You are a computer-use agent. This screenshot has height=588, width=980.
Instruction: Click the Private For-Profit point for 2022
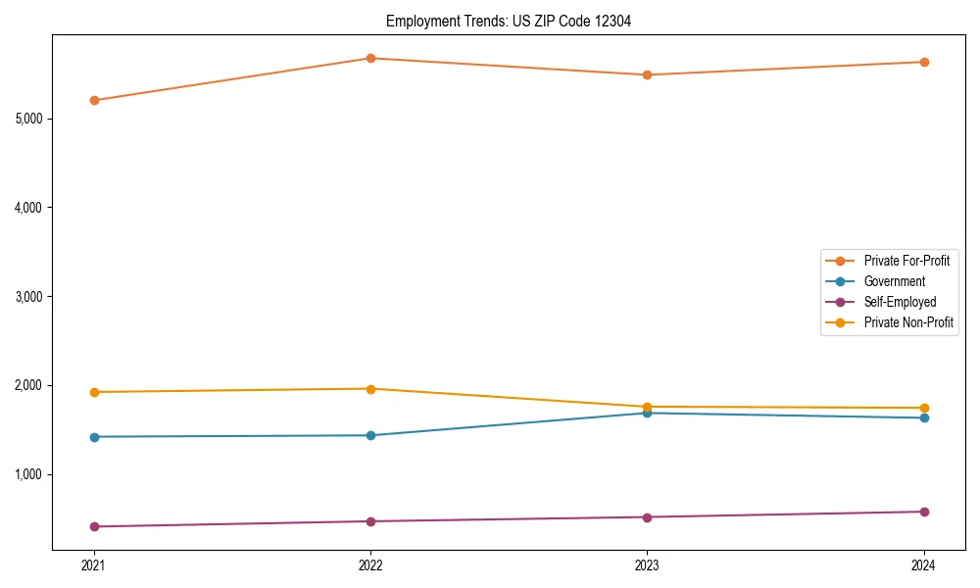click(370, 58)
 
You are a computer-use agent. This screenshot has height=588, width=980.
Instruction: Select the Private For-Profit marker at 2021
click(94, 100)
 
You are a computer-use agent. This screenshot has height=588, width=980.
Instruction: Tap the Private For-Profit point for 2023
click(647, 74)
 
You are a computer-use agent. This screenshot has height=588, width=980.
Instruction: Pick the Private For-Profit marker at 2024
click(924, 62)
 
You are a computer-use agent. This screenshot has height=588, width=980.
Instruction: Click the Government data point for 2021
click(94, 437)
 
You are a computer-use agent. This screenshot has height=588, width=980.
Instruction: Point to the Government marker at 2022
click(370, 435)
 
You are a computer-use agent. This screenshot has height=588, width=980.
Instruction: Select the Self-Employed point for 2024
click(924, 512)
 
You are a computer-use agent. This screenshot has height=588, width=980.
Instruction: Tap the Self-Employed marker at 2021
click(94, 526)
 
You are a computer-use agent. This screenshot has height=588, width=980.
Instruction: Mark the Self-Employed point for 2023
click(647, 517)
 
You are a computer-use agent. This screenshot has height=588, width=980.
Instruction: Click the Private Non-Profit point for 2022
click(370, 389)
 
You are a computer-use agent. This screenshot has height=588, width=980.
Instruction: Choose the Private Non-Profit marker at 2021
click(94, 392)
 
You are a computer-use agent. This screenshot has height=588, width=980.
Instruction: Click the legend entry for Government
click(894, 281)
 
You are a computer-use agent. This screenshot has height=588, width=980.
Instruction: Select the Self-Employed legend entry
click(900, 302)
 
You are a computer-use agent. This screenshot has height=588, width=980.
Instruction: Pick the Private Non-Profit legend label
click(908, 322)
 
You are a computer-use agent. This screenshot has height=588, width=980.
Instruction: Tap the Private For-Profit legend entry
click(906, 261)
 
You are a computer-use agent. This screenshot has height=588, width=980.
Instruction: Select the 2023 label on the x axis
click(647, 564)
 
